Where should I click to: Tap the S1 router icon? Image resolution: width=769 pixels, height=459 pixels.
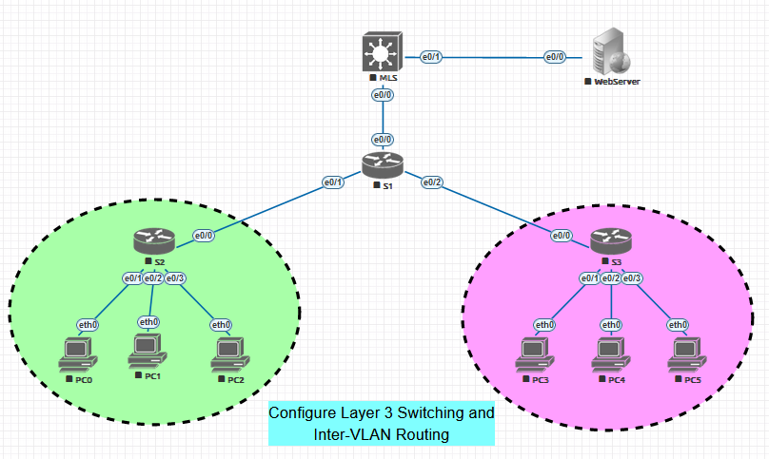tap(383, 164)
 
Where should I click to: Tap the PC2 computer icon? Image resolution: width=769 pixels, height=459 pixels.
tap(227, 354)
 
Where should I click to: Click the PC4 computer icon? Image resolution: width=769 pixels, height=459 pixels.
tap(611, 354)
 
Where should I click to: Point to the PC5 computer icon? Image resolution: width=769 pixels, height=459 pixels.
tap(687, 354)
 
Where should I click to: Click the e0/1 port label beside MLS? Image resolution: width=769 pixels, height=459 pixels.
tap(432, 57)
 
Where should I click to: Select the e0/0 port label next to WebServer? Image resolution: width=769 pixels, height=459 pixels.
tap(554, 57)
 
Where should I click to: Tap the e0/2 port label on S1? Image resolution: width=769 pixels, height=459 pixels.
tap(432, 182)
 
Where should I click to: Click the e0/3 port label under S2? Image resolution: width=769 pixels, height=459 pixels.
tap(175, 277)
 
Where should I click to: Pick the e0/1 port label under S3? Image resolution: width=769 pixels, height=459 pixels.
tap(590, 277)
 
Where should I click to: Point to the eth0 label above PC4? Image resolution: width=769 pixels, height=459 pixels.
tap(611, 324)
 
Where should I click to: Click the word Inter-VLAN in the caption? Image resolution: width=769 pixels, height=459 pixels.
tap(348, 435)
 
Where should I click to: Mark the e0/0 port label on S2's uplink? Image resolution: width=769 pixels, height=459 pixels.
tap(204, 235)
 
